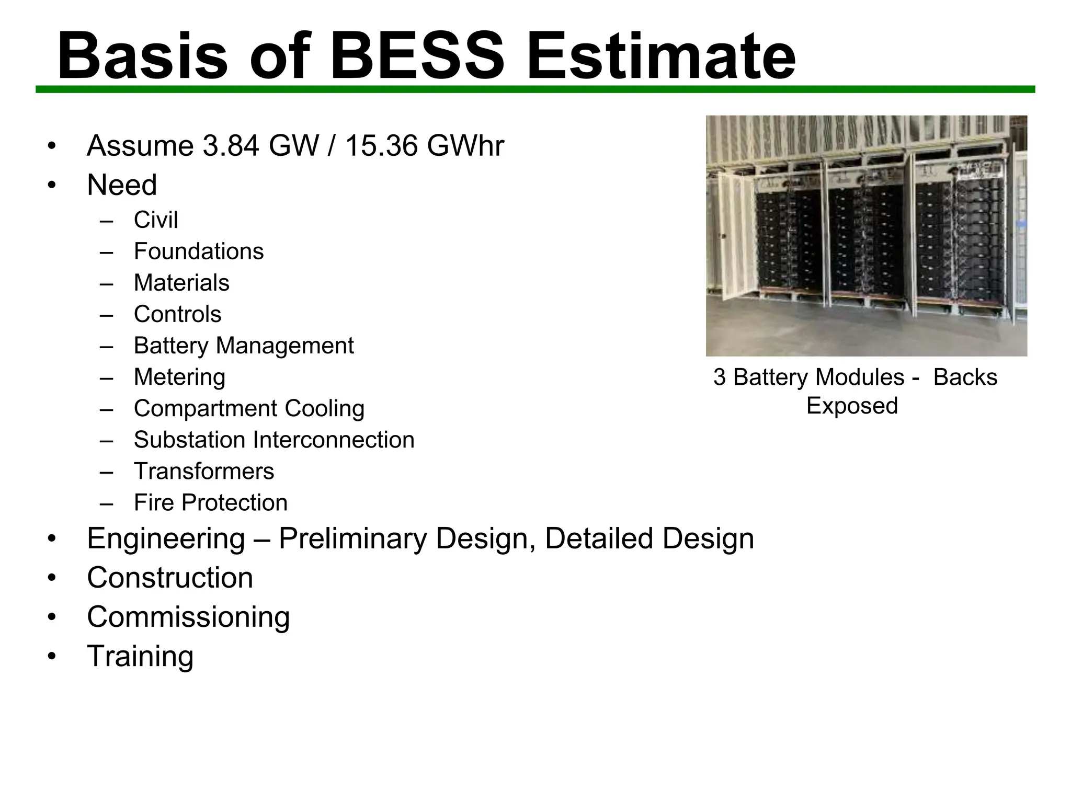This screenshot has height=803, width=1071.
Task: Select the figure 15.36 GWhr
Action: click(424, 146)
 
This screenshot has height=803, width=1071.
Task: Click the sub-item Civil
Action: click(155, 220)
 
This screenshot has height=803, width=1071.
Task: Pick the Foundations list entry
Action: click(198, 251)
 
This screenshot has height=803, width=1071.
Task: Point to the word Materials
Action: click(181, 283)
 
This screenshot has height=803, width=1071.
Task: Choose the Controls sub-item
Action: click(177, 314)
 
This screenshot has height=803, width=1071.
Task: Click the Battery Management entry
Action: click(243, 346)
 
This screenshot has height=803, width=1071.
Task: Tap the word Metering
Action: click(179, 377)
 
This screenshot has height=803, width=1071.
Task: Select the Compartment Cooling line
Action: click(249, 408)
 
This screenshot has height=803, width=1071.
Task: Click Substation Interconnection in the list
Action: click(274, 440)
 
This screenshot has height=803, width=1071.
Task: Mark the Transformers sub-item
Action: click(203, 471)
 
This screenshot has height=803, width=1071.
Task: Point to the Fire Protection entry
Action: click(210, 502)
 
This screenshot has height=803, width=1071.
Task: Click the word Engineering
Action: click(166, 538)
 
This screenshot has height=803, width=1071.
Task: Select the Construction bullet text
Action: click(169, 578)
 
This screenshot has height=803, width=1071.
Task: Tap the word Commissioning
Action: click(188, 617)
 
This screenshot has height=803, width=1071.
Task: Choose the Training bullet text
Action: click(140, 656)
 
